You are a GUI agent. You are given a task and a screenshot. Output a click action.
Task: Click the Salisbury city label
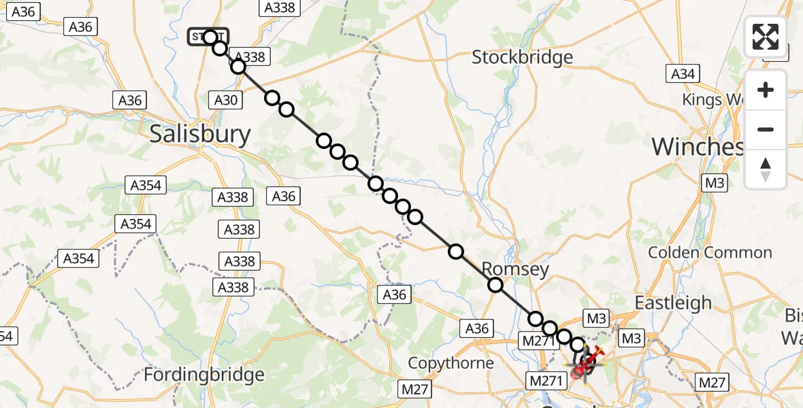click(200, 134)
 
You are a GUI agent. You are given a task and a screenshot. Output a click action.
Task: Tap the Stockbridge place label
click(523, 57)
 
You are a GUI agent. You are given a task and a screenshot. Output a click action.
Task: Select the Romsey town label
click(515, 269)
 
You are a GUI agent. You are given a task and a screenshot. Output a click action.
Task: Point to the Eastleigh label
click(673, 303)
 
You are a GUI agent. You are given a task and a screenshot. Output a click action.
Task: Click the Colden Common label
click(710, 253)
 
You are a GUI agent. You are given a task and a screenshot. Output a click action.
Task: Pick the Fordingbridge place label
click(204, 375)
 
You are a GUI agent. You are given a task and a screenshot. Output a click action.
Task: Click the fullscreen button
click(766, 37)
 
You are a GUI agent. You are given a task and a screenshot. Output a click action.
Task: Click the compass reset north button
click(766, 169)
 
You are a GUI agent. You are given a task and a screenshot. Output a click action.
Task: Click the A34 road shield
click(683, 74)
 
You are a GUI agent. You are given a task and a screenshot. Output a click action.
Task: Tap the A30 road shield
click(226, 101)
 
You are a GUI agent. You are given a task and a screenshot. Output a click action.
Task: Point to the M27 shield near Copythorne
click(415, 388)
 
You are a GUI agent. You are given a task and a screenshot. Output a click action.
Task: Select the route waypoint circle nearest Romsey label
click(495, 285)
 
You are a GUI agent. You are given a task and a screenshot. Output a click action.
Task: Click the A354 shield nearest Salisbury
click(146, 185)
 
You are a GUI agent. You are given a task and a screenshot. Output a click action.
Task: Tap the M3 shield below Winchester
click(715, 183)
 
